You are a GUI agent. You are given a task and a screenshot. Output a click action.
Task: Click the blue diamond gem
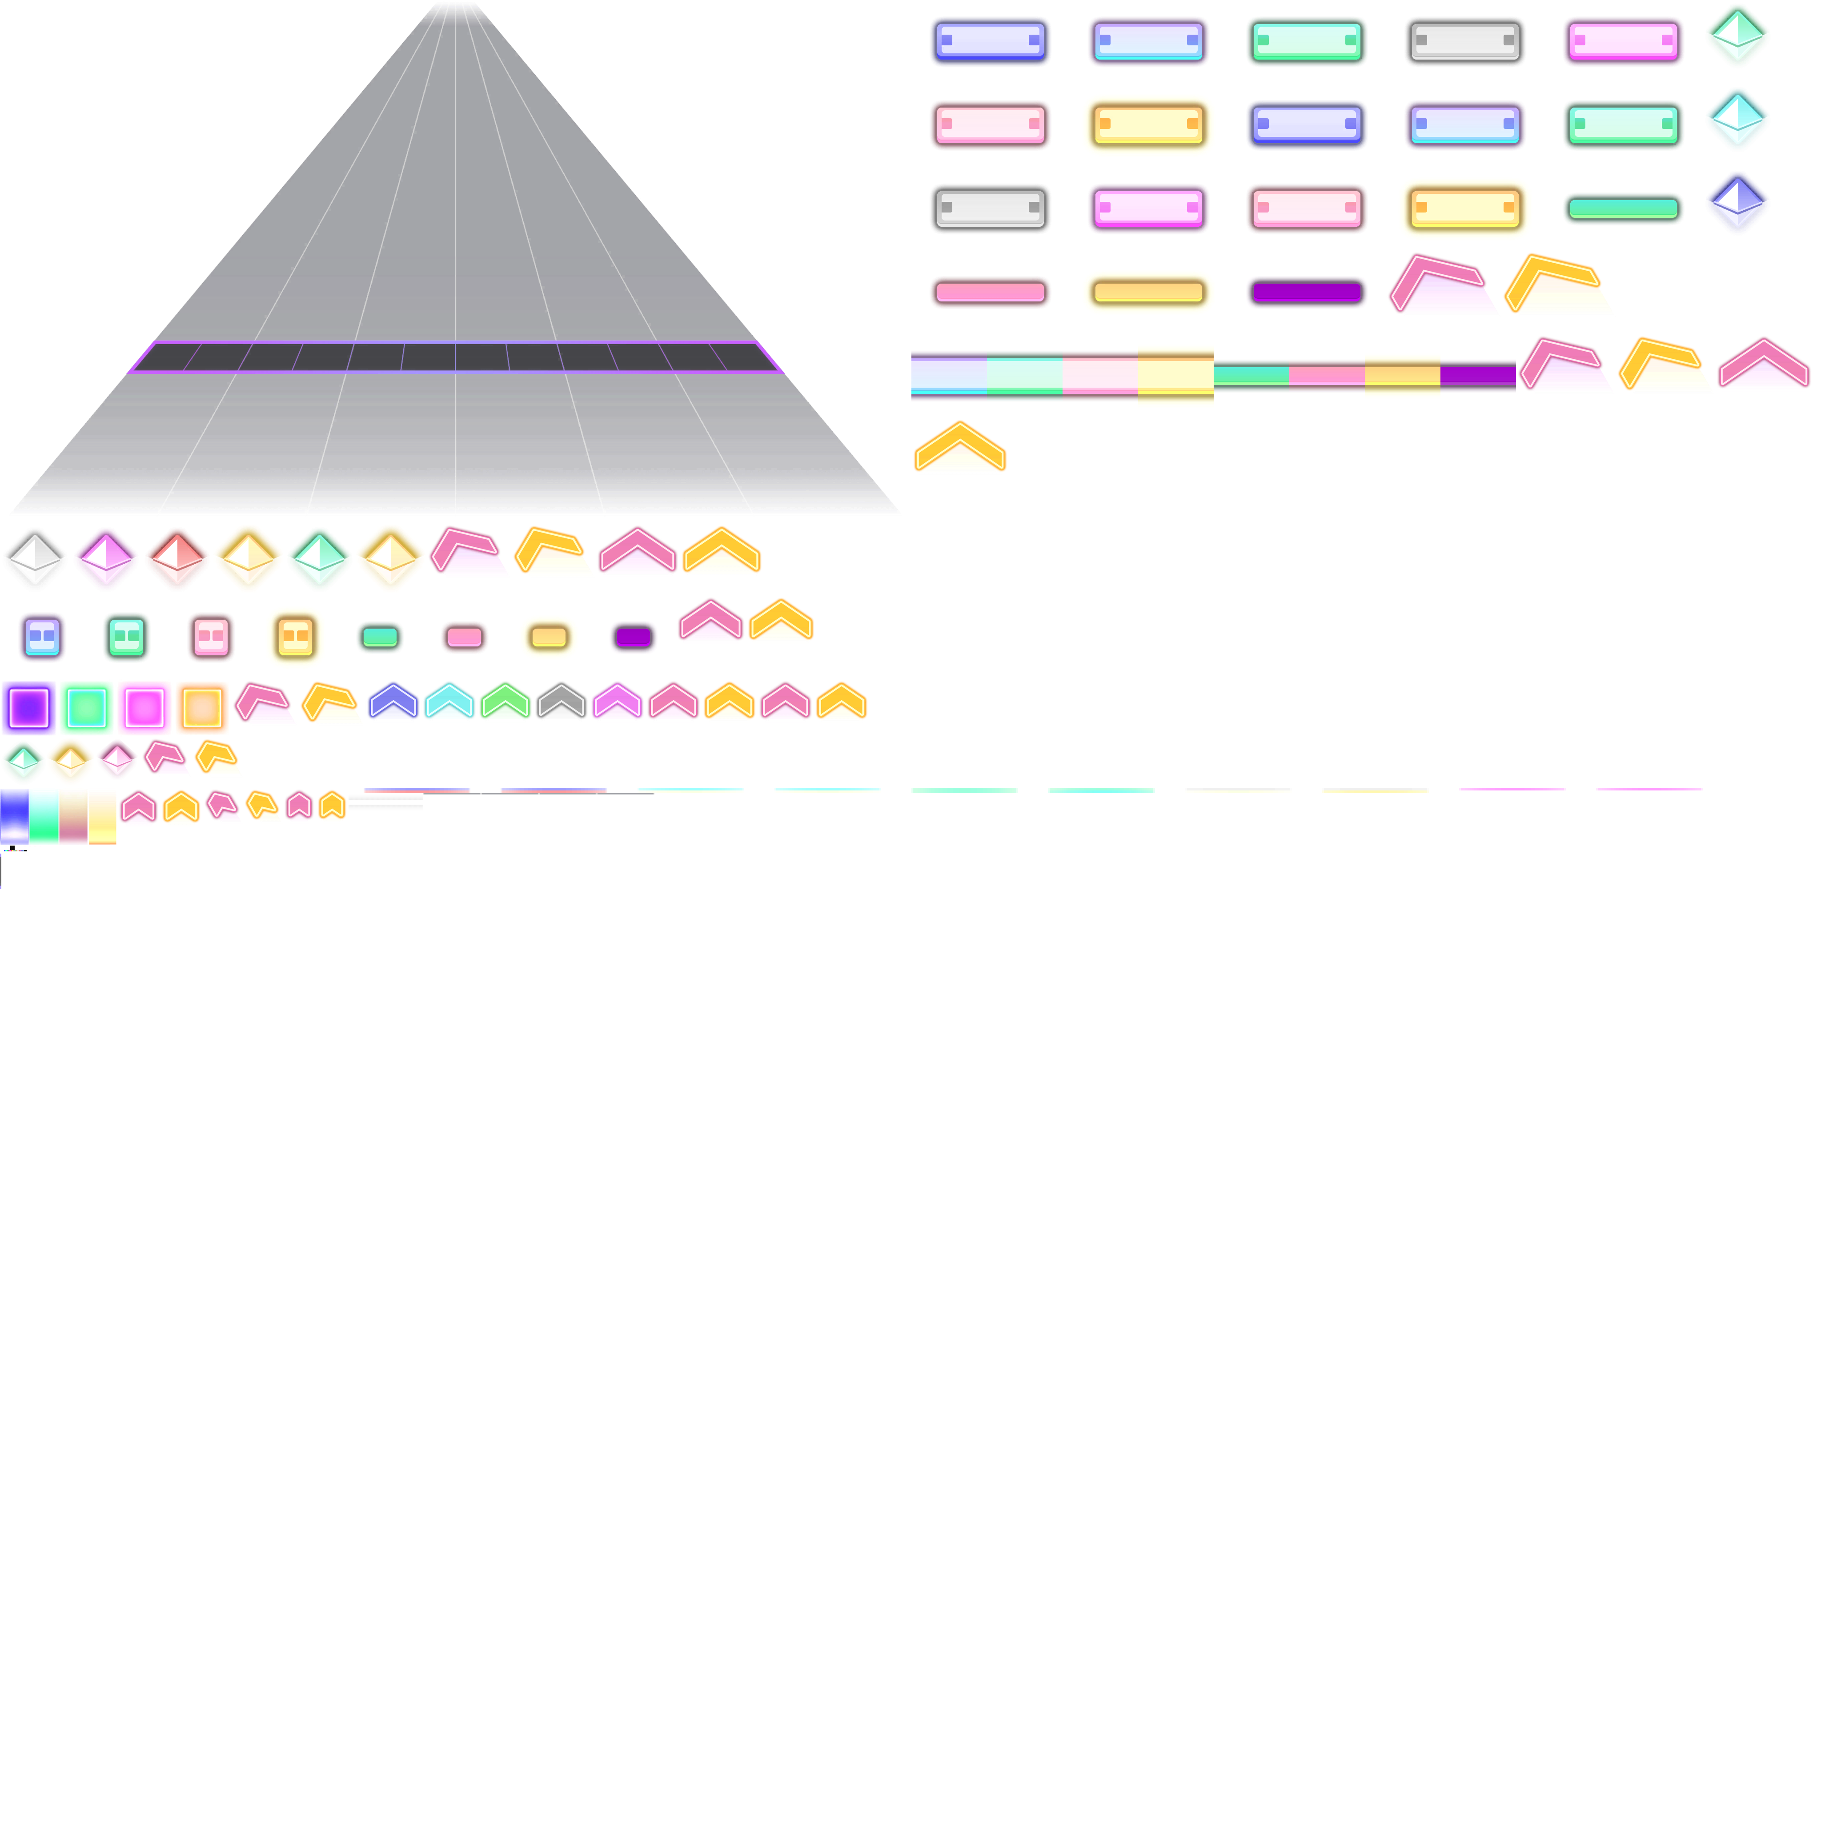point(1737,203)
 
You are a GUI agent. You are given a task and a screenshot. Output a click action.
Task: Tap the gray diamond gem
point(35,559)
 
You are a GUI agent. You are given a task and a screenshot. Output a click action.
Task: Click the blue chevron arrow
point(393,702)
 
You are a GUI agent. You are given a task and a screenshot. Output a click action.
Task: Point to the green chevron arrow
point(505,702)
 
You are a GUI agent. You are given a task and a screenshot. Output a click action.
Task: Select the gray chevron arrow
point(562,702)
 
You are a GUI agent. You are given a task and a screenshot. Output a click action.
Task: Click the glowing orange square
point(202,707)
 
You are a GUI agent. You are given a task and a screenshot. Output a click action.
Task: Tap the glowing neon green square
point(87,707)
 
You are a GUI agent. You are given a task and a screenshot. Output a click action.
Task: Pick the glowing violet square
point(29,707)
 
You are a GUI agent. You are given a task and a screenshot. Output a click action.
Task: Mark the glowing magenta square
point(144,707)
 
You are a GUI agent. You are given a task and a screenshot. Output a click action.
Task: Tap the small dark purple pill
point(634,637)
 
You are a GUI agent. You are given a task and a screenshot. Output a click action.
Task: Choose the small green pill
point(380,637)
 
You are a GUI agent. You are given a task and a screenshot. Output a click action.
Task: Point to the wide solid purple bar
point(1306,292)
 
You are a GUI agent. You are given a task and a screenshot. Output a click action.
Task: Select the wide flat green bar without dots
point(1623,209)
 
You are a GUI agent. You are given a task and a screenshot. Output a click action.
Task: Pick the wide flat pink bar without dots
point(990,292)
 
